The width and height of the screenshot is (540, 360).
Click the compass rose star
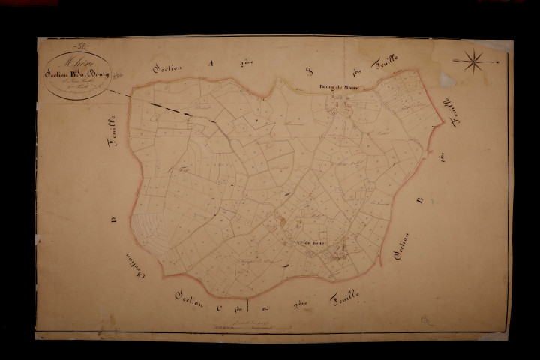[x=474, y=61]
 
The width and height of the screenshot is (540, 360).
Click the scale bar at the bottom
[x=240, y=327]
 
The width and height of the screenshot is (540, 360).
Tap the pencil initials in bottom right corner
[x=427, y=319]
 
